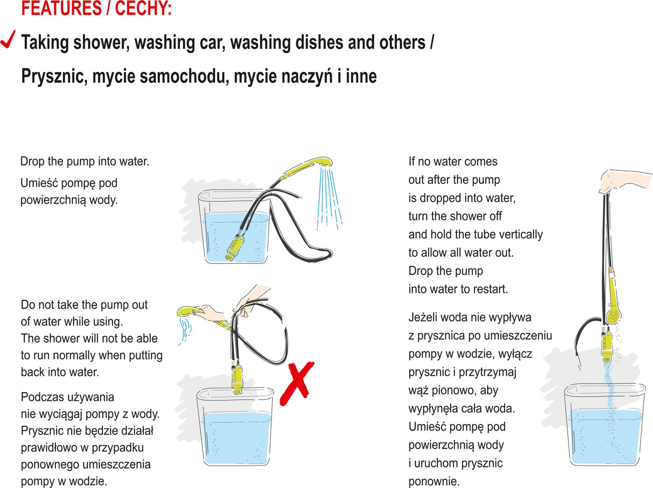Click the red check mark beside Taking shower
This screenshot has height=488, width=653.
8,39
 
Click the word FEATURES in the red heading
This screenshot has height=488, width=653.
61,8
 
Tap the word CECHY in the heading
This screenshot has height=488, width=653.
143,8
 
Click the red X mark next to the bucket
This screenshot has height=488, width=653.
297,383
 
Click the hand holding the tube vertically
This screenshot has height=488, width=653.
620,181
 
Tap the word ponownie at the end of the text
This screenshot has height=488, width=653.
434,482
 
